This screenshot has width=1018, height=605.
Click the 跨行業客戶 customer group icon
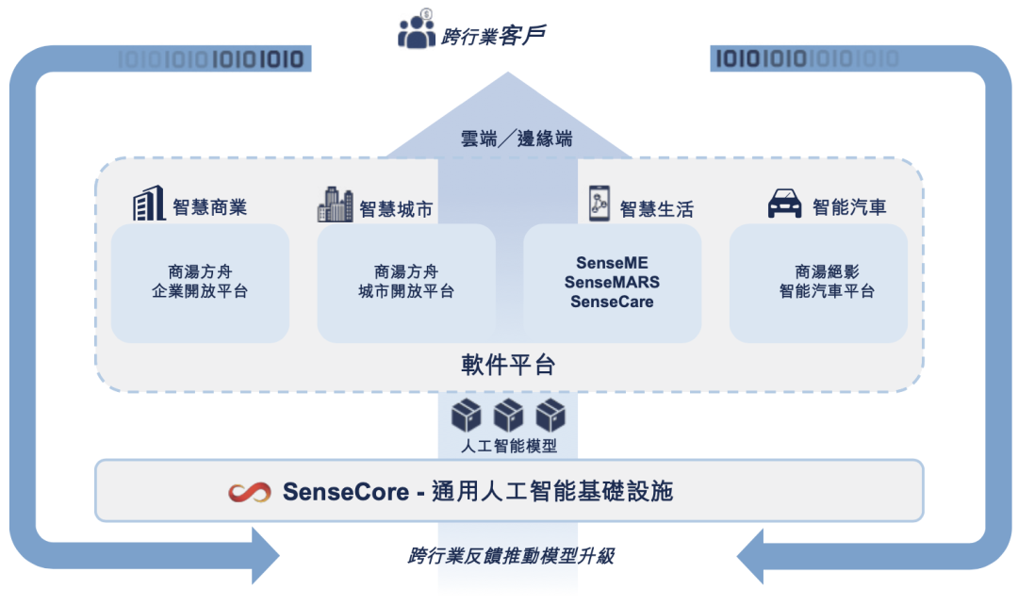click(417, 31)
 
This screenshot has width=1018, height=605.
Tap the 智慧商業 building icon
click(148, 204)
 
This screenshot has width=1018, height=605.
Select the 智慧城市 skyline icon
click(335, 204)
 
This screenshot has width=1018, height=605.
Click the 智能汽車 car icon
click(784, 204)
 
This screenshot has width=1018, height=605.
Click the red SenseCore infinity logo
click(251, 492)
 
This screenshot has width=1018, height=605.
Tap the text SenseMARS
click(612, 283)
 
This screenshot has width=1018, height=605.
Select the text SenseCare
click(612, 302)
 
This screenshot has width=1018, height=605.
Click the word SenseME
click(612, 263)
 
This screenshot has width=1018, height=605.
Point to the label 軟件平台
click(508, 366)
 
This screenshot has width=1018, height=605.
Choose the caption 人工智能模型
click(509, 446)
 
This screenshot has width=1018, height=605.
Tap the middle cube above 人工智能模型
click(509, 415)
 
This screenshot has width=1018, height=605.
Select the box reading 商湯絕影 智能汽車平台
click(818, 282)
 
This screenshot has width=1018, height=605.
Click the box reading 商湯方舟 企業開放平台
click(200, 282)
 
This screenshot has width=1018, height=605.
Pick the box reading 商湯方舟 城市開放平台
click(406, 282)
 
